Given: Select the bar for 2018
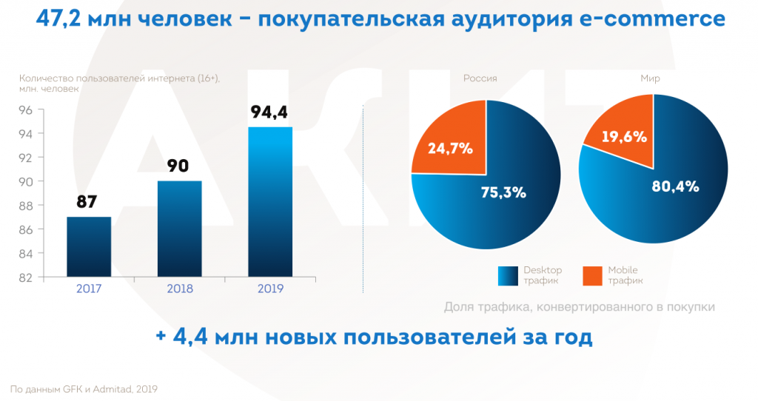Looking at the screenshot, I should click(180, 229).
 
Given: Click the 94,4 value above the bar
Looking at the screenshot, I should click(269, 113).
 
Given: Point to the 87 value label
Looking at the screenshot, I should click(87, 202).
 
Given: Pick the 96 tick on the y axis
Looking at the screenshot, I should click(25, 110).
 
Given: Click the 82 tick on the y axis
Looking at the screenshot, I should click(25, 277).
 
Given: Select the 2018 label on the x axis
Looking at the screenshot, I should click(180, 288).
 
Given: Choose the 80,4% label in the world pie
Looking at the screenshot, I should click(676, 186).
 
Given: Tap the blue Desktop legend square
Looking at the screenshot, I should click(509, 274).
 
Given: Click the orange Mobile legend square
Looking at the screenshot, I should click(592, 274).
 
